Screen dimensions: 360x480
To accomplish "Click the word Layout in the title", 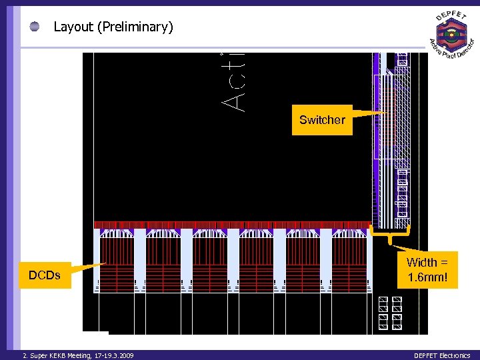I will coord(73,27).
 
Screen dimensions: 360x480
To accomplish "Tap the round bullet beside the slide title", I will coord(35,27).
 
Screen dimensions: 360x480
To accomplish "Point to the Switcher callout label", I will coord(322,120).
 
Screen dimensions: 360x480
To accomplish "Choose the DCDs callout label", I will coord(45,275).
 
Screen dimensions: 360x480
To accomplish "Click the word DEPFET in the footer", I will coord(427,356).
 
